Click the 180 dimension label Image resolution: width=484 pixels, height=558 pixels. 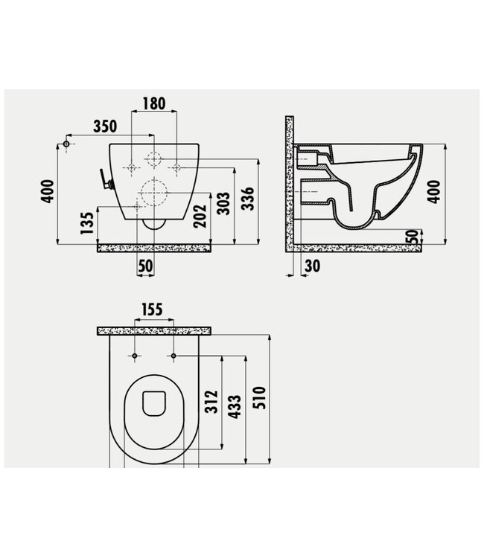point(154,103)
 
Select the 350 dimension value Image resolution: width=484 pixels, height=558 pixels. point(109,125)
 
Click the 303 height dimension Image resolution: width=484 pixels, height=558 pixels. point(223,202)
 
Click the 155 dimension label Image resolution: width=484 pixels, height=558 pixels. point(152,310)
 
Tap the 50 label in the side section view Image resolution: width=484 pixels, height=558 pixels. point(412,237)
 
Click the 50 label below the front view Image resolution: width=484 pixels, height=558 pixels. point(145,265)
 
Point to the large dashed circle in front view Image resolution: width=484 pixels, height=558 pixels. point(153,192)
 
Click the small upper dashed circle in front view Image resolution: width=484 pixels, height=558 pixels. point(153,159)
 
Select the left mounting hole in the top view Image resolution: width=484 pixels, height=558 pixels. point(134,358)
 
